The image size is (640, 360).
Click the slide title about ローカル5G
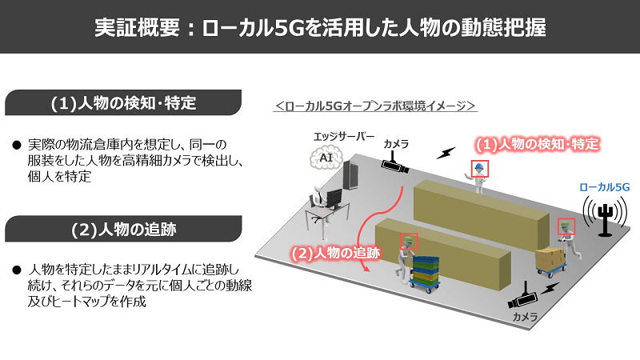(320, 27)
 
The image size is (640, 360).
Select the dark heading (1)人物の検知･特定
(123, 102)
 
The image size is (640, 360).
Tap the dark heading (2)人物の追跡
(123, 229)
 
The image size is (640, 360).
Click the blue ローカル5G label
(605, 187)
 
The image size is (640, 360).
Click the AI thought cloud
(326, 158)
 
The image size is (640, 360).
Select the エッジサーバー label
(344, 136)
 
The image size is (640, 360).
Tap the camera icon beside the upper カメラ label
(394, 163)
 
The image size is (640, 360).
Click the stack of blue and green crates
(425, 270)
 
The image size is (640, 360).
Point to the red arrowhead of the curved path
(366, 269)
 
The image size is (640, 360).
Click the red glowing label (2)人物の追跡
(335, 253)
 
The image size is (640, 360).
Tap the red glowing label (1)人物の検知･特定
(537, 144)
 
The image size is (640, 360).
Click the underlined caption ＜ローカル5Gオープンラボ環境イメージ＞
(375, 106)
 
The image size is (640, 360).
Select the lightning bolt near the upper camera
(446, 153)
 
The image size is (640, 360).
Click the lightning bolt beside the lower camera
(550, 289)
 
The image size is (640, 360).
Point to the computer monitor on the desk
(335, 198)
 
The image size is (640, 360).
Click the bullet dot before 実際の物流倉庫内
(17, 145)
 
